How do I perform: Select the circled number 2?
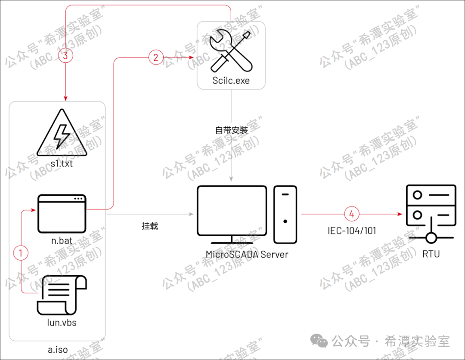[x=156, y=58]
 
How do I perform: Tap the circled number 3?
[x=65, y=55]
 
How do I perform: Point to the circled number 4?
[x=352, y=213]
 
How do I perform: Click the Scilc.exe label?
[x=231, y=80]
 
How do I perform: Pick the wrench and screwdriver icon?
[x=231, y=51]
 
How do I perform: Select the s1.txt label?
[x=61, y=163]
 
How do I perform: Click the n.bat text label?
[x=62, y=241]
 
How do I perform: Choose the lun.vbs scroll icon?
[x=62, y=295]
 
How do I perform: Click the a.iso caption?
[x=58, y=349]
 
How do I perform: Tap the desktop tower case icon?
[x=285, y=213]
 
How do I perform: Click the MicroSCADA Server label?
[x=247, y=254]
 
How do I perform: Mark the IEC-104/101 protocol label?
[x=351, y=231]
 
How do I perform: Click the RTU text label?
[x=431, y=254]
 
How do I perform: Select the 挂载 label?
[x=150, y=226]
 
